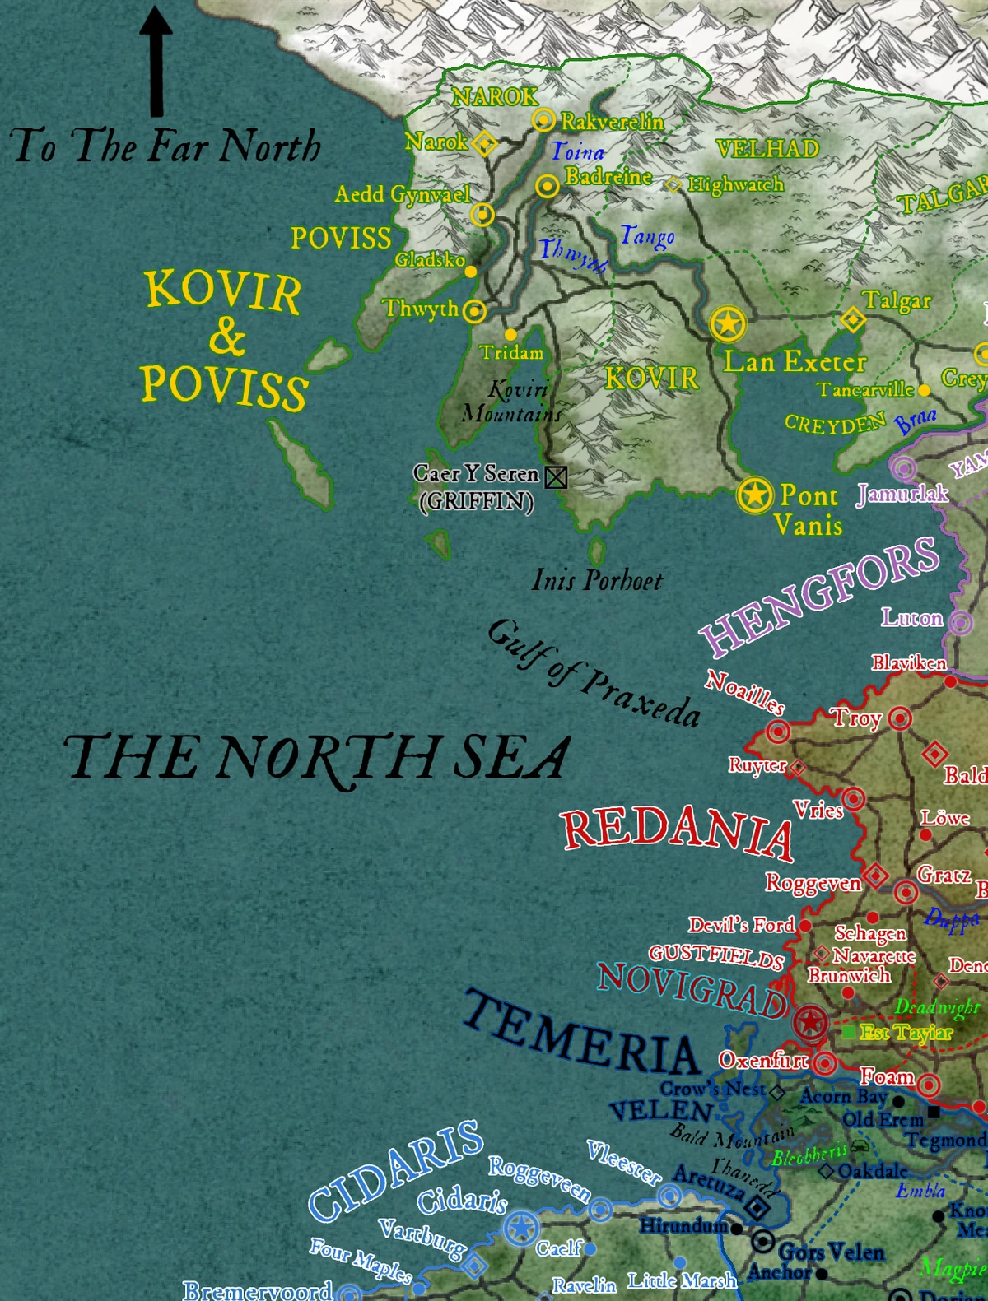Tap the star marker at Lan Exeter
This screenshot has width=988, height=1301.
click(x=728, y=323)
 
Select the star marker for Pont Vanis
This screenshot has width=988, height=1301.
click(x=754, y=495)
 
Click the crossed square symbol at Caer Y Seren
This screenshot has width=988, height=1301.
click(x=557, y=476)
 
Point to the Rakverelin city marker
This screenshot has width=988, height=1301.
click(x=543, y=120)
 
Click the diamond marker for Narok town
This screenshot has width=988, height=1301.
click(x=485, y=143)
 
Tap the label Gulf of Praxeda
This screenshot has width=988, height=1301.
click(x=593, y=673)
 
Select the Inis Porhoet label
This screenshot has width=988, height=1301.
click(x=597, y=580)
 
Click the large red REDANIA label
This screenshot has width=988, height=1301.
click(x=677, y=831)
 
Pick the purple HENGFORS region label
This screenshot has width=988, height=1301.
click(x=819, y=597)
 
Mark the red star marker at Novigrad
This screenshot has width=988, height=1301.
click(x=811, y=1023)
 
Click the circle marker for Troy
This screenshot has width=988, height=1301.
click(x=900, y=718)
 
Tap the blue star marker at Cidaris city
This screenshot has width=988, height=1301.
click(x=520, y=1229)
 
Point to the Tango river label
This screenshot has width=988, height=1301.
click(x=647, y=237)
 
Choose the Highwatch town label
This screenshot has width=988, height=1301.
click(x=735, y=184)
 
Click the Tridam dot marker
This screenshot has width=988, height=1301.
click(x=510, y=334)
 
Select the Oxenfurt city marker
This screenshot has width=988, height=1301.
click(x=825, y=1063)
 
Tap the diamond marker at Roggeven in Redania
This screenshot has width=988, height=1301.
click(x=875, y=875)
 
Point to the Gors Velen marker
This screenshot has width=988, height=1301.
click(x=763, y=1241)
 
